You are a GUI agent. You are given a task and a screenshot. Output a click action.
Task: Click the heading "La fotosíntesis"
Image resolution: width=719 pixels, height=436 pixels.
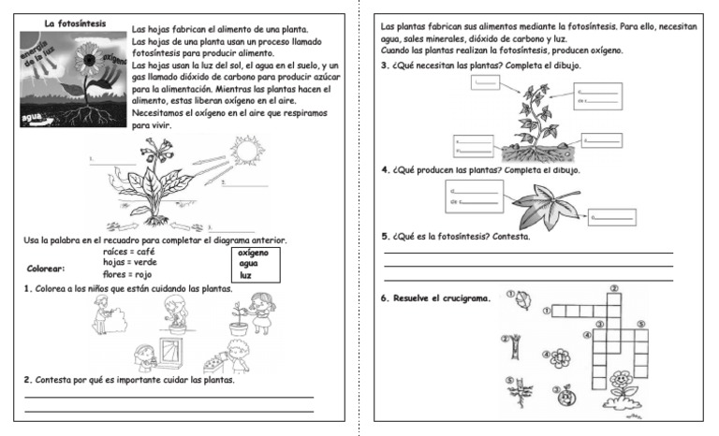point(76,22)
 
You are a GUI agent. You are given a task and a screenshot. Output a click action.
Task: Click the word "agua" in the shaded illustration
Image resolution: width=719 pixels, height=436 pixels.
point(36,117)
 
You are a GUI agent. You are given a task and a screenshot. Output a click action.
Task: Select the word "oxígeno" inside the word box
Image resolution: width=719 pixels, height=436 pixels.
point(253,253)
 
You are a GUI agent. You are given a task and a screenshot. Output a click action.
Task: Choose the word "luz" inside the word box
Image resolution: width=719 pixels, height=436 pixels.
point(245,276)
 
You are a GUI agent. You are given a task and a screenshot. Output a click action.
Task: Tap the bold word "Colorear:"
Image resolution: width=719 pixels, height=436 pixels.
point(46,269)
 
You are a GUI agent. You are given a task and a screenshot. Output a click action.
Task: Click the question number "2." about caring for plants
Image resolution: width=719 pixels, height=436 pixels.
point(27,381)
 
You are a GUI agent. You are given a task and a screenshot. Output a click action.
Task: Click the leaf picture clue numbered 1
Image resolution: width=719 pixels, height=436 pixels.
point(524,299)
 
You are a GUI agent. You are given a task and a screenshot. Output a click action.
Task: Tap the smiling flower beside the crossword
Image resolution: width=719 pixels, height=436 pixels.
point(621,384)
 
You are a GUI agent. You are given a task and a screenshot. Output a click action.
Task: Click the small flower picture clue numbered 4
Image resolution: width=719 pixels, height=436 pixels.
point(561,357)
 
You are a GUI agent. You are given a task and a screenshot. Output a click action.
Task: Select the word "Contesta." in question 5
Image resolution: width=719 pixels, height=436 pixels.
point(511,237)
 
